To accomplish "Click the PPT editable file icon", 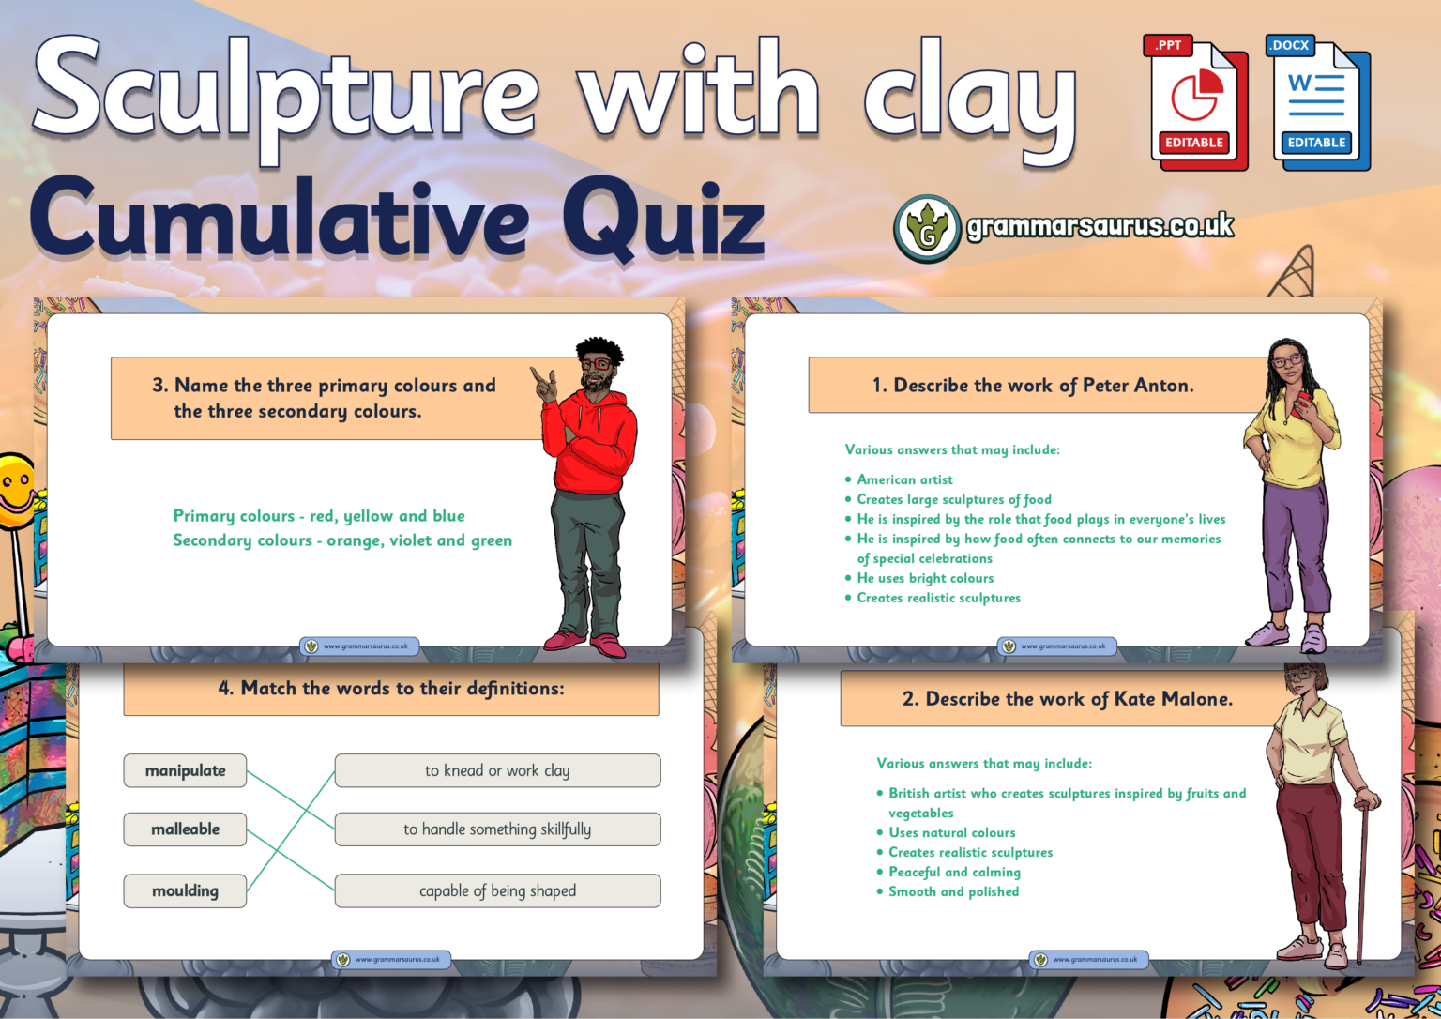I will coord(1194,103).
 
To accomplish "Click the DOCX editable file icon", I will coord(1317,103).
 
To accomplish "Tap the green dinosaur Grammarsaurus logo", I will coord(927,228).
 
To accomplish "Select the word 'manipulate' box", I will coord(185,770).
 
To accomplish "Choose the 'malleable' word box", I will coord(185,829).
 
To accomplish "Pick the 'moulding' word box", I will coord(185,890).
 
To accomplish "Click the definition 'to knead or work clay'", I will coord(497,770).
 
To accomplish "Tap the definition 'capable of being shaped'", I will coord(497,890).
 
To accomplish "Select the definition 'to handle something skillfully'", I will coord(497,829).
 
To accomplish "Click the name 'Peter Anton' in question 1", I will coord(1137,385).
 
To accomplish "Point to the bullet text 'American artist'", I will coord(904,479).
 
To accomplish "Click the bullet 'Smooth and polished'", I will coord(953,891).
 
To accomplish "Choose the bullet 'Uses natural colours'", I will coord(951,832).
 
